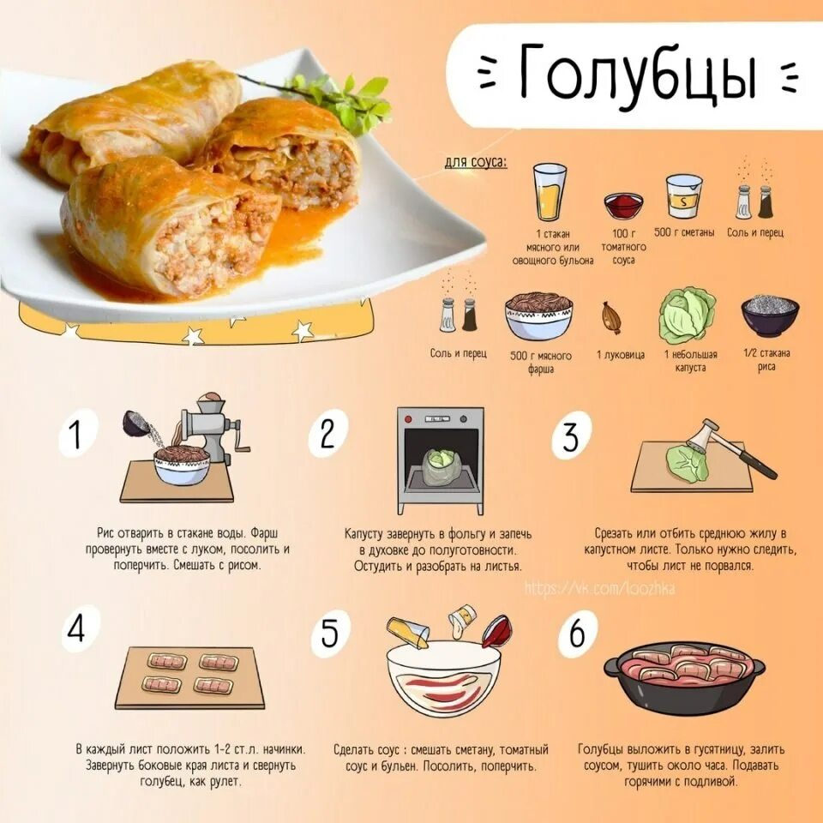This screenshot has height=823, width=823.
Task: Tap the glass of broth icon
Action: pyautogui.click(x=550, y=192)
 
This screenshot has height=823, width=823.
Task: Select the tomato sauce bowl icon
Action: pyautogui.click(x=623, y=206)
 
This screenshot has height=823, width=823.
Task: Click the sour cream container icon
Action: pyautogui.click(x=684, y=196)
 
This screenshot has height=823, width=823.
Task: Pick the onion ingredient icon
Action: pyautogui.click(x=612, y=317)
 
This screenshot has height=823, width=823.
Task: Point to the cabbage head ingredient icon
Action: pyautogui.click(x=687, y=315)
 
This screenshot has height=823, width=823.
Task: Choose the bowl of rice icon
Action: pyautogui.click(x=769, y=315)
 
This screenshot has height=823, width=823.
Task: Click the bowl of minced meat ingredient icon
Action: pyautogui.click(x=538, y=315)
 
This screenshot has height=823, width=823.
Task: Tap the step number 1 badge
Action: pyautogui.click(x=76, y=433)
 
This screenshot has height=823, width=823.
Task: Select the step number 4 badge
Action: pyautogui.click(x=77, y=630)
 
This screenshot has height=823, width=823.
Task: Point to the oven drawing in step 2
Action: pyautogui.click(x=440, y=460)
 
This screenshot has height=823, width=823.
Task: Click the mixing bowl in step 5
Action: pyautogui.click(x=443, y=678)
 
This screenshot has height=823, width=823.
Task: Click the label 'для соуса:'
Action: pyautogui.click(x=475, y=162)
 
